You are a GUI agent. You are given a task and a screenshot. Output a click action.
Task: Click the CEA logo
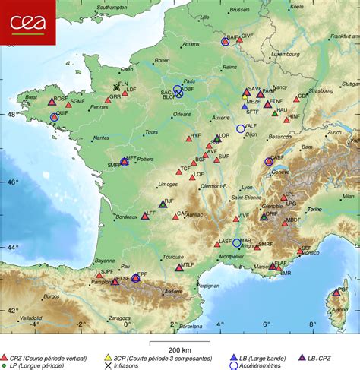[x=27, y=22]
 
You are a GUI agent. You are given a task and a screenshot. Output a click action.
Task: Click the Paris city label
[x=190, y=81]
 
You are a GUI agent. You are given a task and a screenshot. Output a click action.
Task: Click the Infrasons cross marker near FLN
[x=116, y=87]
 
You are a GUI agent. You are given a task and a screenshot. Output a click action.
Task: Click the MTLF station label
[x=188, y=264]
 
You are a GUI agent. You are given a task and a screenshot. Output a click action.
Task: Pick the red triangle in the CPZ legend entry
[x=5, y=356]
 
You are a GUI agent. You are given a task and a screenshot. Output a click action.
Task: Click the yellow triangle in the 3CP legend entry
[x=108, y=356]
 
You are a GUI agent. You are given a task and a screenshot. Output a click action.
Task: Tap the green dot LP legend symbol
[x=5, y=365]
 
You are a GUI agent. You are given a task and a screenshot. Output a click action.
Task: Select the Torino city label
[x=314, y=209]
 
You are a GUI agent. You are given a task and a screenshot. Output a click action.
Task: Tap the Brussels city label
[x=239, y=10]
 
